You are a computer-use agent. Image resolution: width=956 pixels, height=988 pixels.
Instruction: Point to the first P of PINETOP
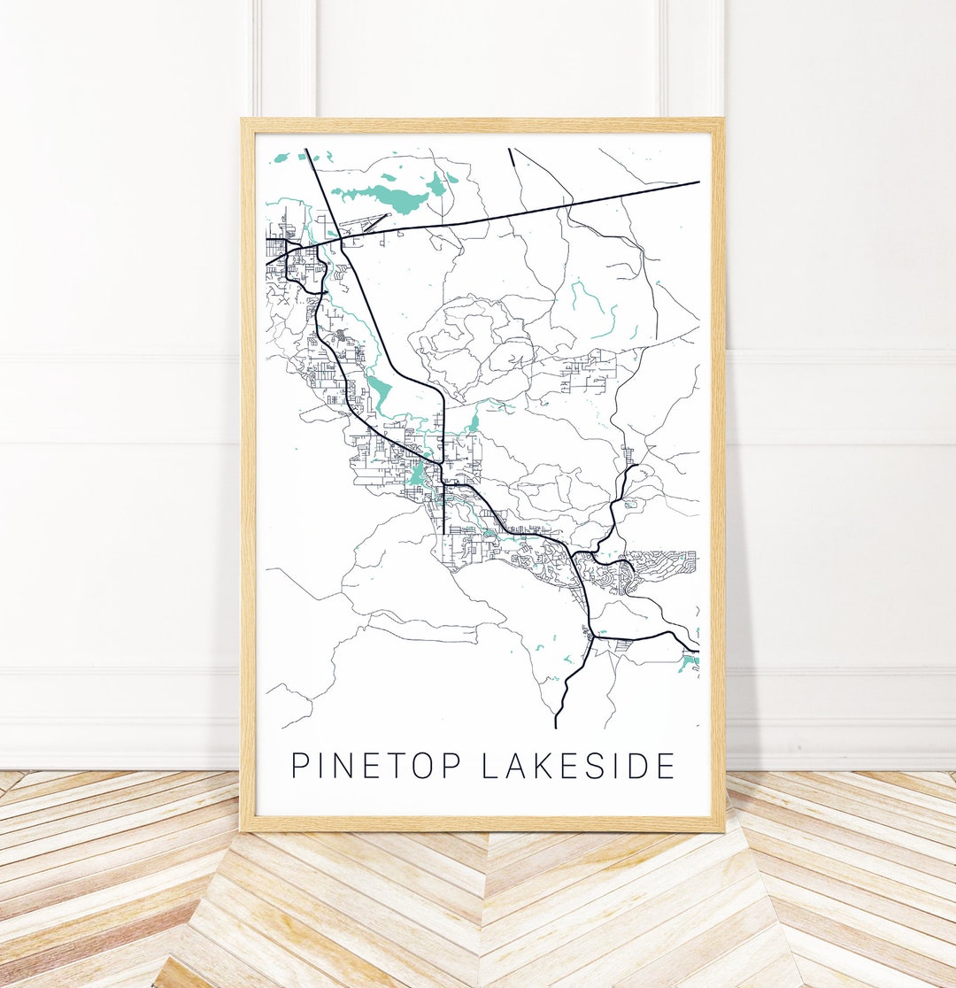click(x=299, y=766)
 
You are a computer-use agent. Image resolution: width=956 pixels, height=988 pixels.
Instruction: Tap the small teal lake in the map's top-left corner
click(x=281, y=158)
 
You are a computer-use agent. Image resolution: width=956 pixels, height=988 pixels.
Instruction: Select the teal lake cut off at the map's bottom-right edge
click(x=690, y=661)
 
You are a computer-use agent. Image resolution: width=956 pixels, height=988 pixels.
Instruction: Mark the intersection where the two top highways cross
click(x=340, y=238)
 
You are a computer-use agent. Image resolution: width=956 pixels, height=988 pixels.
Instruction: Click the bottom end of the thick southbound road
click(x=556, y=726)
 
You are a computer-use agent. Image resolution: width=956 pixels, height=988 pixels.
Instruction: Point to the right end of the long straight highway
click(x=698, y=182)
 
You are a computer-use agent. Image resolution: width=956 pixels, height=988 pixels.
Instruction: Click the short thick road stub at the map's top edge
click(x=511, y=157)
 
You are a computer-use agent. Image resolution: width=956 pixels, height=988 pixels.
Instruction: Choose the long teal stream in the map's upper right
click(x=595, y=310)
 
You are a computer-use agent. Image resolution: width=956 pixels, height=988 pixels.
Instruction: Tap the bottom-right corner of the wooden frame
click(x=722, y=830)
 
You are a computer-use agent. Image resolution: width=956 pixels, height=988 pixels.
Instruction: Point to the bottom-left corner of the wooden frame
click(x=243, y=830)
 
